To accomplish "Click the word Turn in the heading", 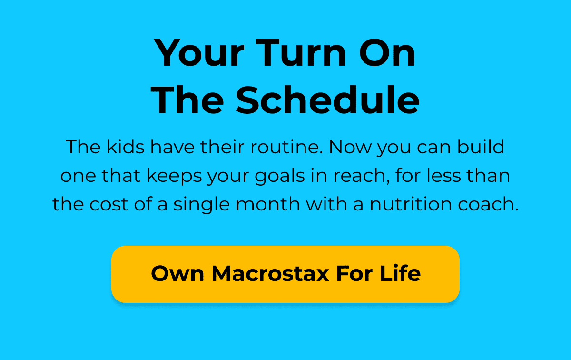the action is click(x=301, y=53).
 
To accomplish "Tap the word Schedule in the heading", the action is click(x=328, y=100).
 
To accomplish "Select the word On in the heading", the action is click(x=387, y=53).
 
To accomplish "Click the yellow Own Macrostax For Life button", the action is click(x=285, y=274).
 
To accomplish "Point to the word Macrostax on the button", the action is click(x=270, y=274).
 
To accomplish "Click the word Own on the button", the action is click(x=177, y=274).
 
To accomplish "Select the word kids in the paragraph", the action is click(x=126, y=147).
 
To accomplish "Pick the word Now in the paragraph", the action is click(x=351, y=147).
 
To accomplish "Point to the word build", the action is click(x=481, y=147).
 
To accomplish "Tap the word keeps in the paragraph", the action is click(x=174, y=176).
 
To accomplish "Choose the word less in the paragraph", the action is click(x=444, y=176).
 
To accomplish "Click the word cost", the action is click(x=109, y=205).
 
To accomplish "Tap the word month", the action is click(x=267, y=204).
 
